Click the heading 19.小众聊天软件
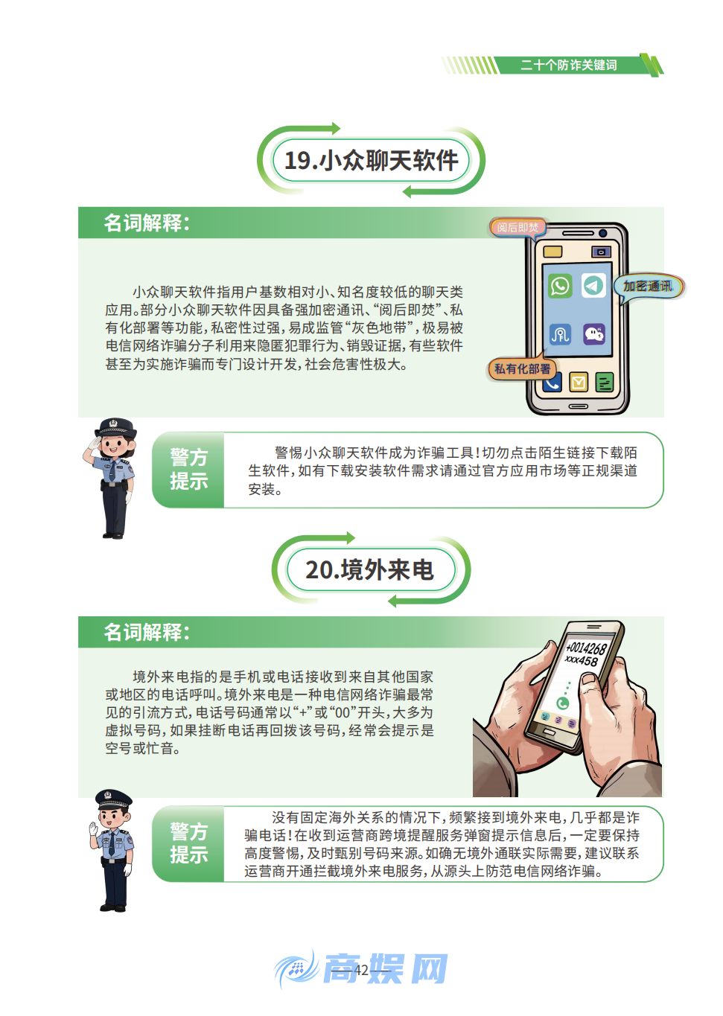371,161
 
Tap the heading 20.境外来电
369,570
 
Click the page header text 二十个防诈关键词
568,66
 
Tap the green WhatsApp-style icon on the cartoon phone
560,286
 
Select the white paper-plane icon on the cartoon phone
593,285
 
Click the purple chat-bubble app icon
594,333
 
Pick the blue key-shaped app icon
560,334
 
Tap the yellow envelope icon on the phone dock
579,382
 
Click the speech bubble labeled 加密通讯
648,287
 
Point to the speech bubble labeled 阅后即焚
517,227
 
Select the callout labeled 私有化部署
523,368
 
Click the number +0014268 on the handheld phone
586,648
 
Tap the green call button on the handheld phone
563,703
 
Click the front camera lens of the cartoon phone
601,252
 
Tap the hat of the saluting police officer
116,427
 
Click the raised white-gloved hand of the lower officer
94,828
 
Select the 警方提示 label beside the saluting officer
188,470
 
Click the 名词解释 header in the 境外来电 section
147,632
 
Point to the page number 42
362,970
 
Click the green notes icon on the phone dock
605,383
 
